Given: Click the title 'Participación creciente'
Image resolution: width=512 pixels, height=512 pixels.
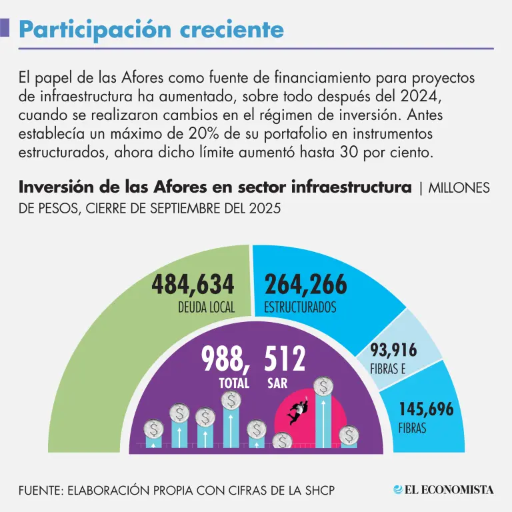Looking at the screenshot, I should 151,29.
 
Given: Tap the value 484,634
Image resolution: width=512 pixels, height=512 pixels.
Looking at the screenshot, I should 193,285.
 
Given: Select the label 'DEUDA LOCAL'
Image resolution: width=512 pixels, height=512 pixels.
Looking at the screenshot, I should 206,308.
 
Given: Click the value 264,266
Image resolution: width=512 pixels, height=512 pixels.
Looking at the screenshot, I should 306,285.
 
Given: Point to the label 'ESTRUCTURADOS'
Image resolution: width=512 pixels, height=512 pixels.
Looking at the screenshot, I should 300,308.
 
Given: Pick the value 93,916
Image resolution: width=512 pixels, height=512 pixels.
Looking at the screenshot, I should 393,351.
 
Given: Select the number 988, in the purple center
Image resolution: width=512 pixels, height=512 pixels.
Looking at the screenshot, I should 226,360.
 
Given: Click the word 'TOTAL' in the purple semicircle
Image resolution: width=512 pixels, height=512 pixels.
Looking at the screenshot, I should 234,383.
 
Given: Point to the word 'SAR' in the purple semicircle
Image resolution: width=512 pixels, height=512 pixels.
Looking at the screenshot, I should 277,383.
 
